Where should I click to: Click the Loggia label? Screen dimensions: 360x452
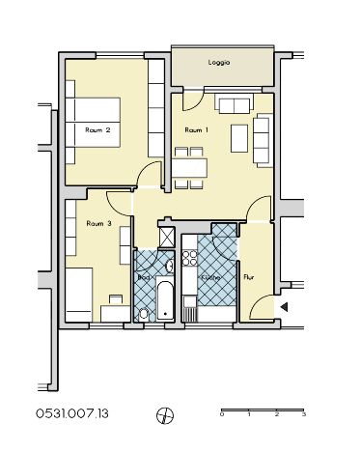(x=219, y=63)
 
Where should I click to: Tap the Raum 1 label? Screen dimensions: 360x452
(x=196, y=130)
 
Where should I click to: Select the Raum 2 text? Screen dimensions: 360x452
(x=97, y=130)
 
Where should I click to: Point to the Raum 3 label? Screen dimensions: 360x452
(x=99, y=223)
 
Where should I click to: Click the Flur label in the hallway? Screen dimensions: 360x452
(x=249, y=277)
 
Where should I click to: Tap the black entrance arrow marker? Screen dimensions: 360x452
(x=284, y=307)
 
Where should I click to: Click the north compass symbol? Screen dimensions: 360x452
(x=165, y=415)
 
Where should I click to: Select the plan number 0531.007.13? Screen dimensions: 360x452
(x=72, y=413)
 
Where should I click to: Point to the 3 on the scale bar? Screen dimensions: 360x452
(x=304, y=414)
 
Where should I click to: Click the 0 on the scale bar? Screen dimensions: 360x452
(x=222, y=414)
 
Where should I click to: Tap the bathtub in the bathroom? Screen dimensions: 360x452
(x=166, y=300)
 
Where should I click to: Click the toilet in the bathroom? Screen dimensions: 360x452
(x=144, y=314)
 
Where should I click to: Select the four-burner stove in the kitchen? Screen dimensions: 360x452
(x=189, y=258)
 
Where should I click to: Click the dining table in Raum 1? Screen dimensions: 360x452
(x=189, y=167)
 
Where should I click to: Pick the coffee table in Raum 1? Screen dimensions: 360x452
(x=239, y=138)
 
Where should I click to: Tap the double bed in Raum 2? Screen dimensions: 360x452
(x=93, y=123)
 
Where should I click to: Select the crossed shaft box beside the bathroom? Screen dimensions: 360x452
(x=167, y=237)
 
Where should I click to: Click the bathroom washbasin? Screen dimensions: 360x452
(x=170, y=266)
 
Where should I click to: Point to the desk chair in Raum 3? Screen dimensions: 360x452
(x=116, y=299)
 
